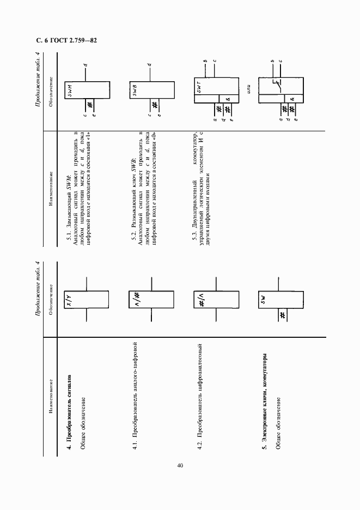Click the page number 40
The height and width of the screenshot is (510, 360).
180,465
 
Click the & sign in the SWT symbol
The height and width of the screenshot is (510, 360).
228,99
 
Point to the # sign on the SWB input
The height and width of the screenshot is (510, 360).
155,105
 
